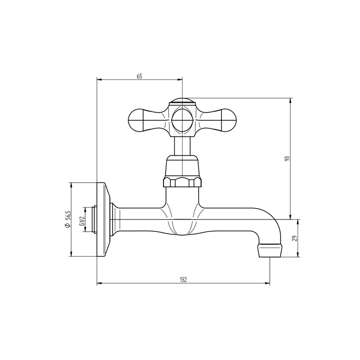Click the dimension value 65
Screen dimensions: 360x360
[x=140, y=76]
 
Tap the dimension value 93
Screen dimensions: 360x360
[x=287, y=159]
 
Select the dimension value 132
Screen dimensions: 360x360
[x=183, y=280]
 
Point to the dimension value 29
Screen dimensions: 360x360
[x=295, y=238]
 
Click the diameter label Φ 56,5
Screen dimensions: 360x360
[x=67, y=219]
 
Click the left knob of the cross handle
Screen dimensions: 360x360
[x=136, y=121]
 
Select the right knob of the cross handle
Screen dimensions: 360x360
[x=228, y=121]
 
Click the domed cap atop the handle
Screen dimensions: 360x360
[x=182, y=101]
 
